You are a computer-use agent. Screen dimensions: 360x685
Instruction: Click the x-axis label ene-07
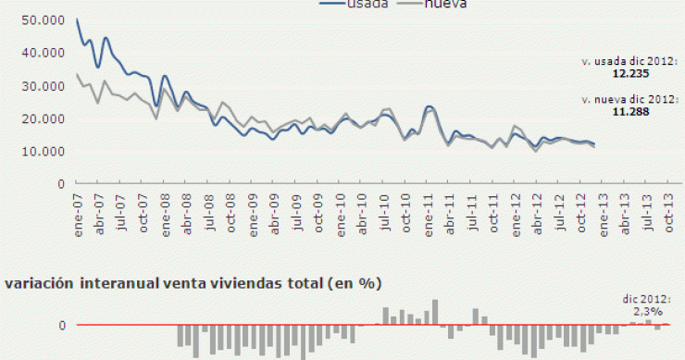tap(77, 207)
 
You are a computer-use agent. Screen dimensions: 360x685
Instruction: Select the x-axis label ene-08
tap(165, 207)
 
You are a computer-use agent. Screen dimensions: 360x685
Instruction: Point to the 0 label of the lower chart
tap(64, 326)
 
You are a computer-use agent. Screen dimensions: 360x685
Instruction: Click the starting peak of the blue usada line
tap(77, 19)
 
